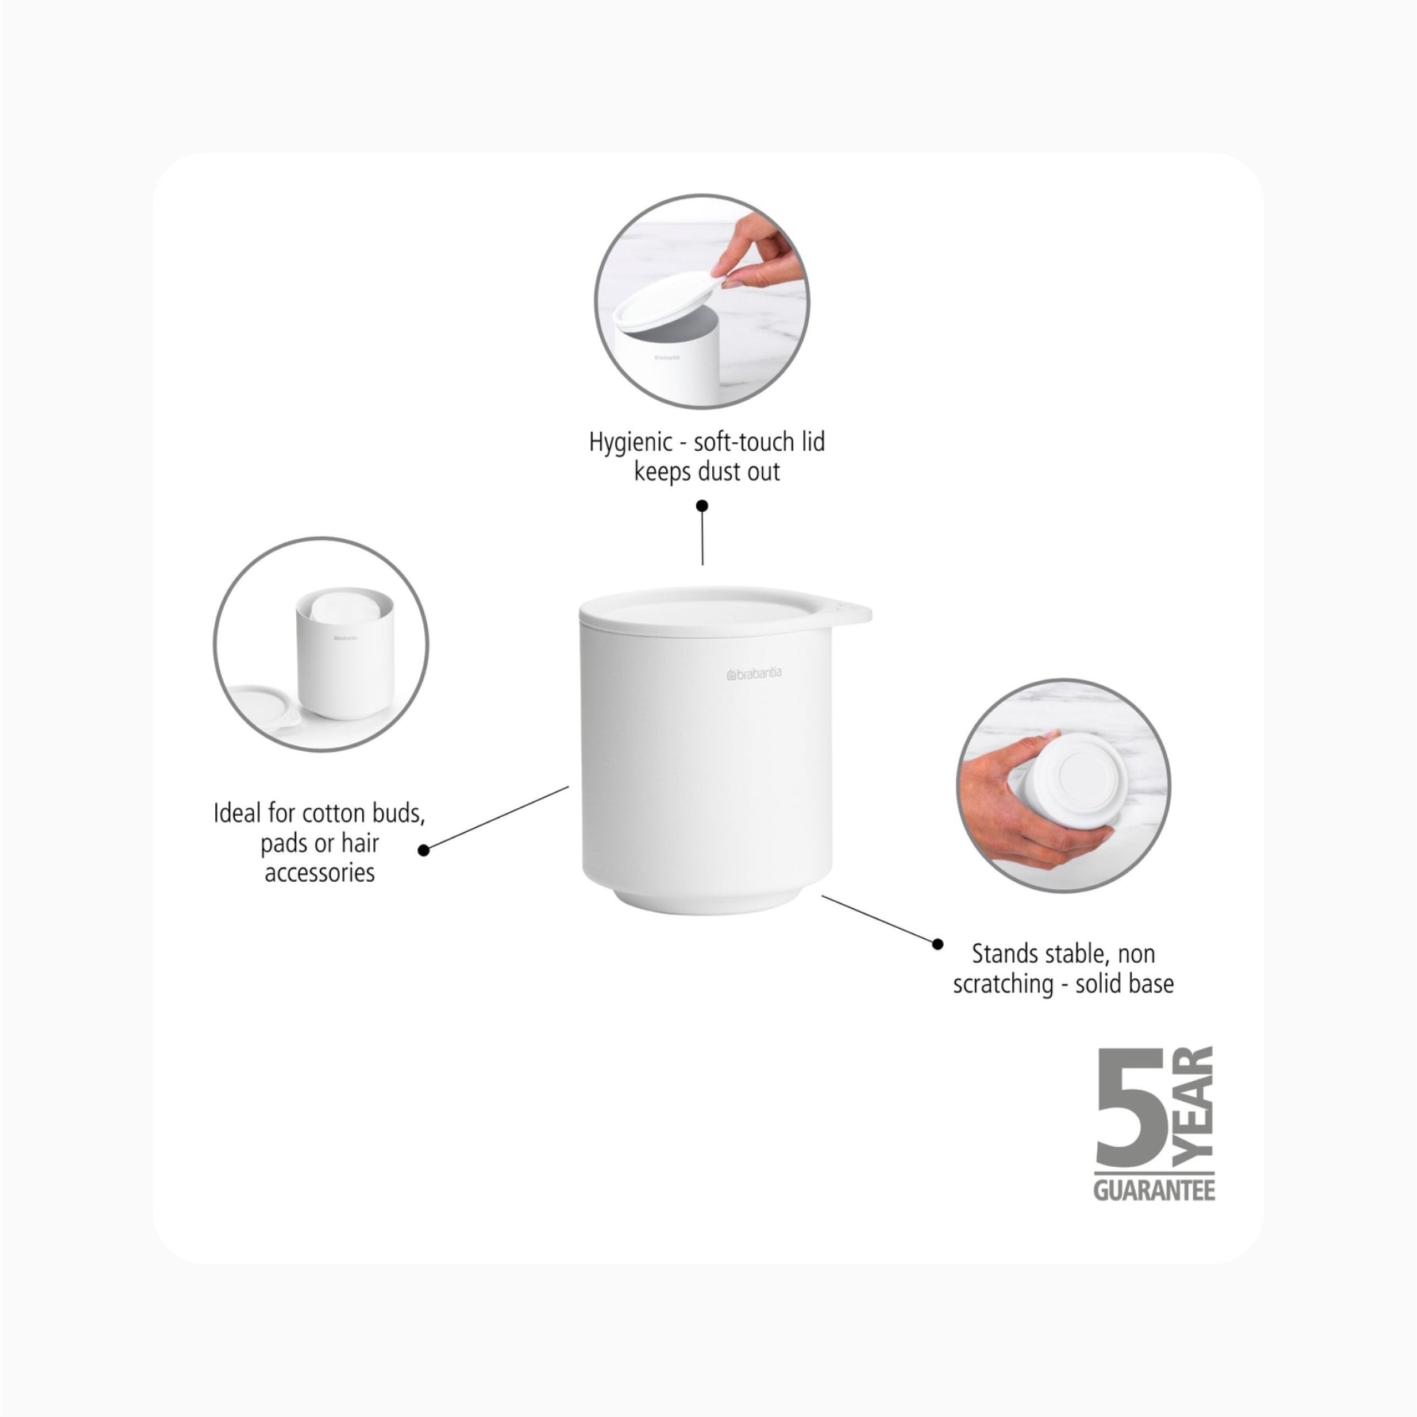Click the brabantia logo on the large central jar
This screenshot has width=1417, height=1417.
coord(754,673)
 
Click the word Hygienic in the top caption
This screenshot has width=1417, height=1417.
coord(630,441)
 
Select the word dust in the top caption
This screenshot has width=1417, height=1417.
coord(720,472)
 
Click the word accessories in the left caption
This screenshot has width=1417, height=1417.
coord(320,872)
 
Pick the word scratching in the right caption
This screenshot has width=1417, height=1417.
coord(1003,984)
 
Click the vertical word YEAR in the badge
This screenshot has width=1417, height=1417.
coord(1193,1106)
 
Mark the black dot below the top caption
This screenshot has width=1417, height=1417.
coord(702,506)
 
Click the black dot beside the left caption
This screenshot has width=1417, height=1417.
coord(424,850)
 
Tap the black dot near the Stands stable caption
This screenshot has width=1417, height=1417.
coord(938,944)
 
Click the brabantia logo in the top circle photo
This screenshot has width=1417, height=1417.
coord(667,357)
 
